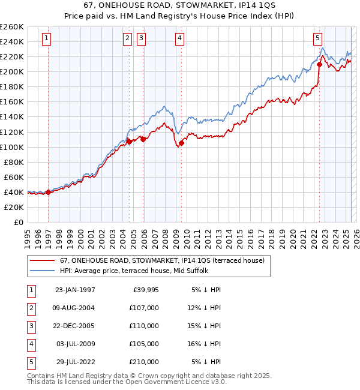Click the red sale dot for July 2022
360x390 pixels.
pos(320,65)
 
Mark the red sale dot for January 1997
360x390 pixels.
pos(49,192)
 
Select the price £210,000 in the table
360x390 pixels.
pos(145,362)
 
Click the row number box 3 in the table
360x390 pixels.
pos(31,326)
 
